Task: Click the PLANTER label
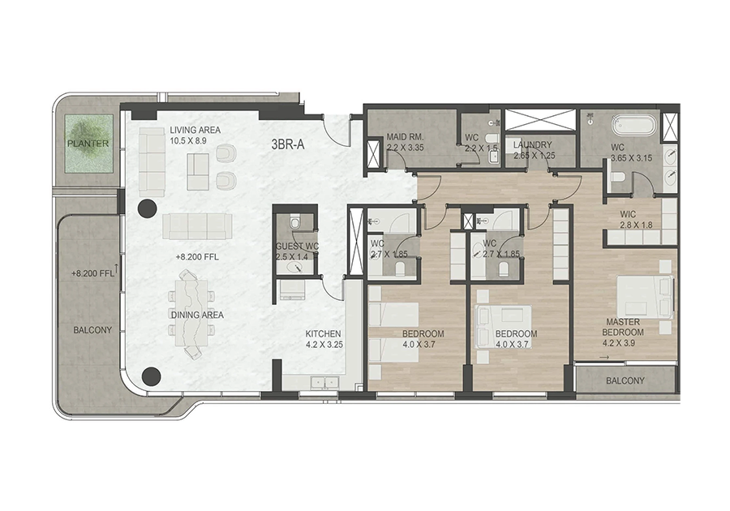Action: coord(88,144)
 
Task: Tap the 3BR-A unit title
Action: coord(288,144)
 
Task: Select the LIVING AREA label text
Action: coord(195,131)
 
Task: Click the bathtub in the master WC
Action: coord(633,125)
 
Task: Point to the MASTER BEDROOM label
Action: coord(623,327)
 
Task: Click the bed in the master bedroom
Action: coord(646,296)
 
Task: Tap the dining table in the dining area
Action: coord(192,314)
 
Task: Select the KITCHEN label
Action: coord(323,333)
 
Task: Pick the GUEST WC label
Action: coord(297,247)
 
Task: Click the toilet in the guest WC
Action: coord(294,223)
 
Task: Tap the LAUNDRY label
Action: coord(533,144)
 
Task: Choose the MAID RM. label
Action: coord(405,137)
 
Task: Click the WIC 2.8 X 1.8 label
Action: coord(636,220)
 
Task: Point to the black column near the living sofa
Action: coord(147,208)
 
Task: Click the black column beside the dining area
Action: coord(152,376)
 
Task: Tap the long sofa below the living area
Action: coord(197,226)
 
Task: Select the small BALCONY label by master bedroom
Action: coord(625,380)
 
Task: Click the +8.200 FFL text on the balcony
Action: coord(92,273)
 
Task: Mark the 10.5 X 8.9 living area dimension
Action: coord(188,140)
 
